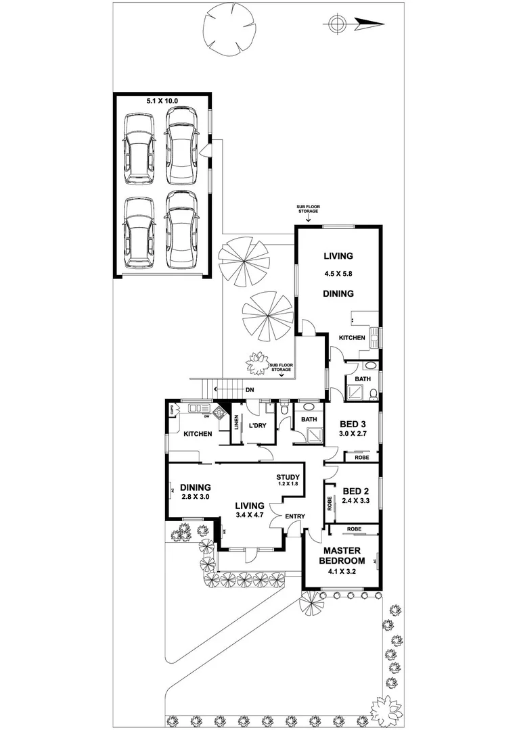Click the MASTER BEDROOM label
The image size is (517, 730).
pyautogui.click(x=343, y=555)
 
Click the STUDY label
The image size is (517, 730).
pyautogui.click(x=288, y=477)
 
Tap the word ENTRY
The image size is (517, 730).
pyautogui.click(x=295, y=516)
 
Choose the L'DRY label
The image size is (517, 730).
pyautogui.click(x=257, y=426)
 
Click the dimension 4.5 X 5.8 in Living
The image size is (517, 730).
pyautogui.click(x=338, y=274)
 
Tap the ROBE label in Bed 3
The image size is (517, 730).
pyautogui.click(x=362, y=458)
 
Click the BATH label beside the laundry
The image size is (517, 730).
pyautogui.click(x=309, y=420)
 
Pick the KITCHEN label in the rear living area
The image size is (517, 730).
pyautogui.click(x=352, y=337)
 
